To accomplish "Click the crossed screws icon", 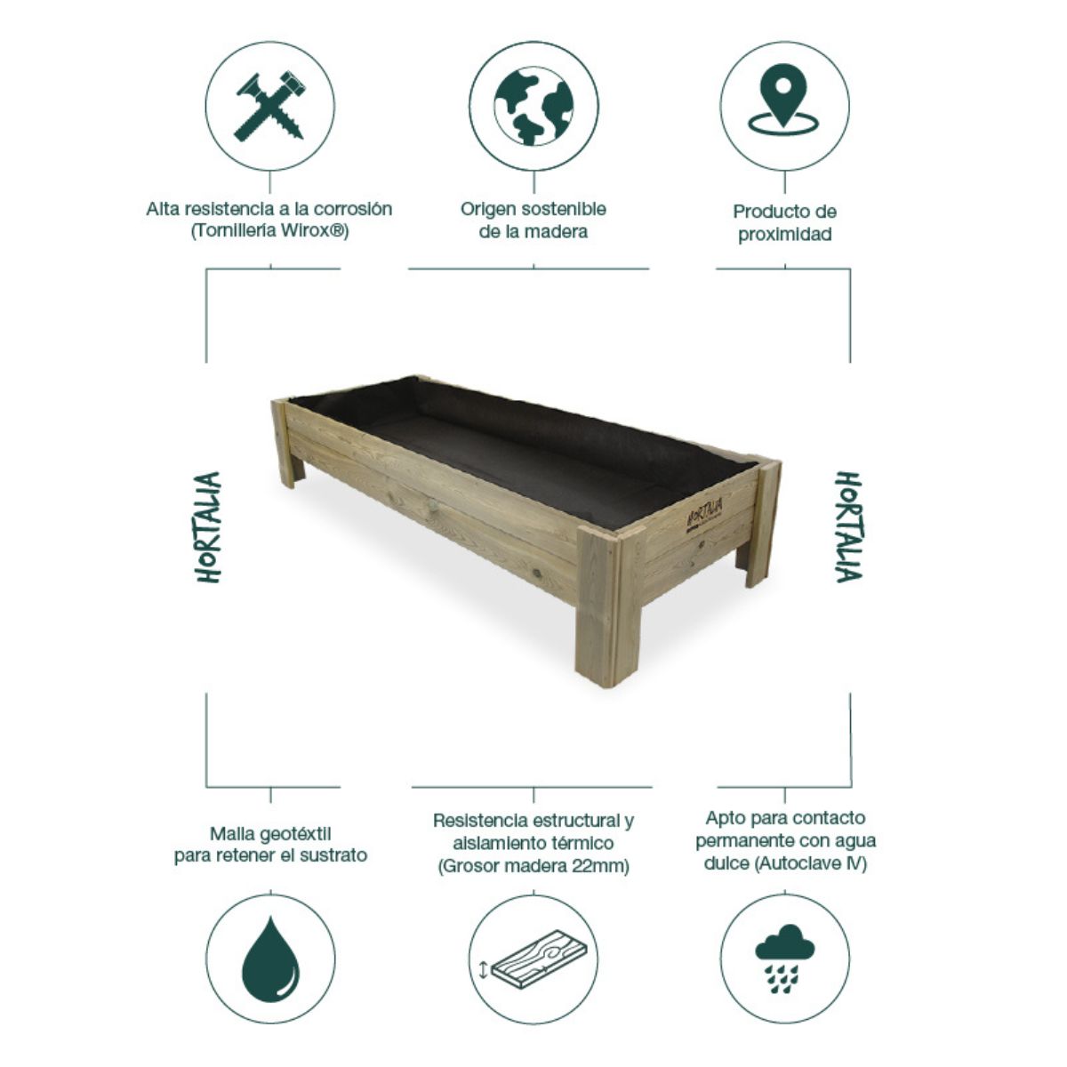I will (270, 106).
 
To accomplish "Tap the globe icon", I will (533, 106).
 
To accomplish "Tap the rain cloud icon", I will (783, 958).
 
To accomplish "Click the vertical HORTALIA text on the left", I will (208, 527).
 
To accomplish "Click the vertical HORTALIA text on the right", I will (847, 527).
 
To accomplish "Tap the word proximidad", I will (784, 236).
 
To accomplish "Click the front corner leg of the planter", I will (598, 614).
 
